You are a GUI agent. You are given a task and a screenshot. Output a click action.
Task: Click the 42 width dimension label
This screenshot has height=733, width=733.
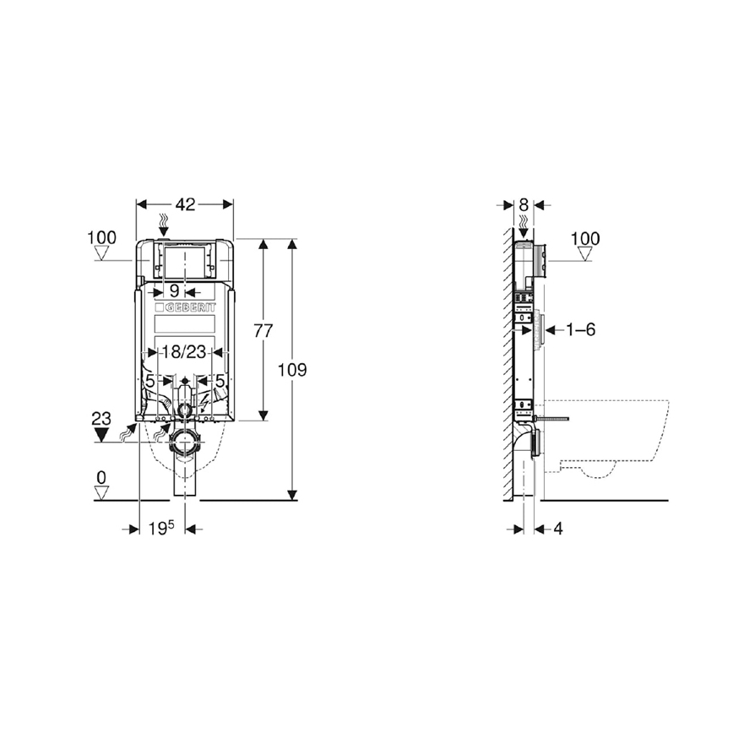pyautogui.click(x=185, y=204)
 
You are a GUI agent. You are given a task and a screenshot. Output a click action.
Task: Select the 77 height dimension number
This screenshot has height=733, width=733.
pyautogui.click(x=263, y=330)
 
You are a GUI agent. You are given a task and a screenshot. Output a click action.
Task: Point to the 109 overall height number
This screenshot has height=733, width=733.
pyautogui.click(x=292, y=370)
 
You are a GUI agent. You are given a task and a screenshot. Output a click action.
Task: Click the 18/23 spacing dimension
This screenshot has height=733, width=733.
pyautogui.click(x=184, y=352)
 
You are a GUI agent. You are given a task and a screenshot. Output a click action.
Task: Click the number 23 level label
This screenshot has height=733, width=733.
pyautogui.click(x=101, y=417)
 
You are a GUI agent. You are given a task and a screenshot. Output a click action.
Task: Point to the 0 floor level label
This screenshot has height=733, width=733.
pyautogui.click(x=101, y=478)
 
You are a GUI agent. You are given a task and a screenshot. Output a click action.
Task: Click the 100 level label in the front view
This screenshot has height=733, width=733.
pyautogui.click(x=101, y=237)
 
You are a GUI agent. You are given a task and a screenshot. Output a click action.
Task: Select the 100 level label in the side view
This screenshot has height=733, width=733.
pyautogui.click(x=584, y=239)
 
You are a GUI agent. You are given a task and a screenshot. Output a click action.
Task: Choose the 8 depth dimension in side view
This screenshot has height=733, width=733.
pyautogui.click(x=524, y=204)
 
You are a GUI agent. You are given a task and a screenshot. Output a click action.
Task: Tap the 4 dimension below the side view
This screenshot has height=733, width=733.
pyautogui.click(x=558, y=529)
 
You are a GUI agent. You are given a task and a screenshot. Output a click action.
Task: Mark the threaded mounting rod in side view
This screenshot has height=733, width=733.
pyautogui.click(x=554, y=417)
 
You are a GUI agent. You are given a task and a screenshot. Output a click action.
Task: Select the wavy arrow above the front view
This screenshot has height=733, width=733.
pyautogui.click(x=166, y=225)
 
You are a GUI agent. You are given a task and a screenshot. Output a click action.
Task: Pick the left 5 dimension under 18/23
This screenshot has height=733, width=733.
pyautogui.click(x=149, y=382)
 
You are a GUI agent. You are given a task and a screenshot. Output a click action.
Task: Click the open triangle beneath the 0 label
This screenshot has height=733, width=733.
pyautogui.click(x=101, y=493)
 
